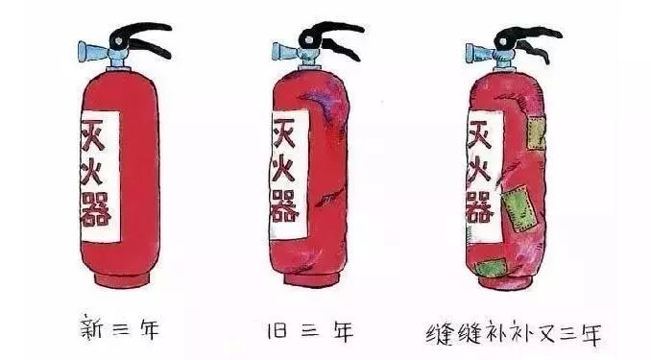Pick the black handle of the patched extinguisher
pyautogui.click(x=528, y=36)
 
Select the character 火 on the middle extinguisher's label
pyautogui.click(x=284, y=171)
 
